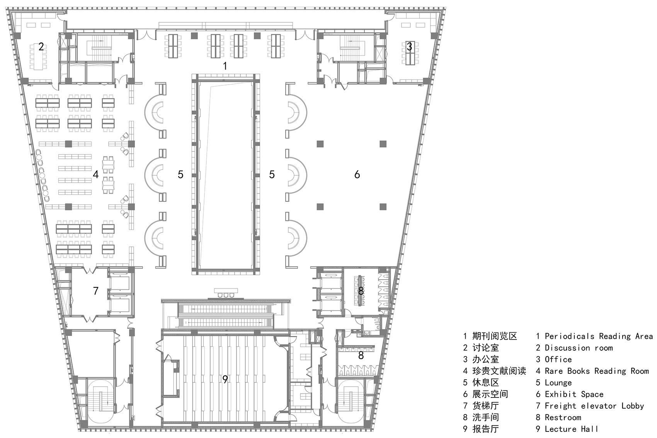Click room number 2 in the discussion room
pos(41,47)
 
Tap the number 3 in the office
pos(409,47)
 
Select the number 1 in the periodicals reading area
pos(225,66)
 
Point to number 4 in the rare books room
pos(95,175)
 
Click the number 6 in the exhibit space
pos(357,175)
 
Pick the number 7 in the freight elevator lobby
pos(95,291)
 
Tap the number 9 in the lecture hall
pos(225,379)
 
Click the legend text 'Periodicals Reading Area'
pos(599,336)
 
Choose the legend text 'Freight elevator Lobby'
pos(594,406)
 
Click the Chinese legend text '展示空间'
pos(490,394)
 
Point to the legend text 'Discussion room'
pos(579,348)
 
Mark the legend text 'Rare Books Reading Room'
pos(597,371)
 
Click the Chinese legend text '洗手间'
pos(486,417)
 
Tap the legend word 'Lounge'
pos(558,383)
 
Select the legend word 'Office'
pos(558,360)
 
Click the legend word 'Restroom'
pos(563,418)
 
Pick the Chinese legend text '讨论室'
pos(486,348)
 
